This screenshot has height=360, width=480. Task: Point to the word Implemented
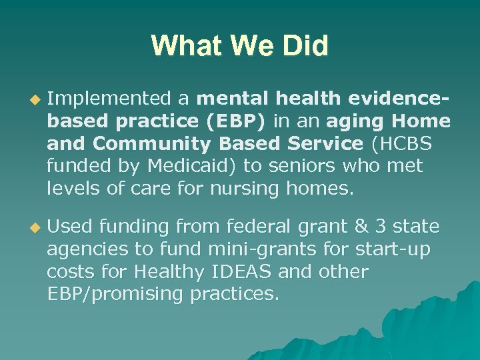pos(109,99)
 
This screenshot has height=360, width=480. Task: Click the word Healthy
pos(164,271)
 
